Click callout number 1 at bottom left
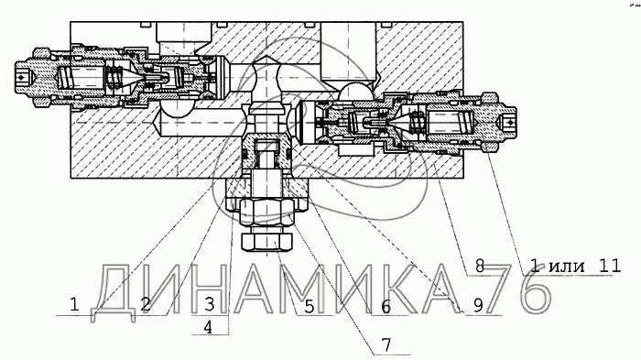74,305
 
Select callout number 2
146,305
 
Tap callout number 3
210,304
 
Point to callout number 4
208,327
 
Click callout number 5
310,306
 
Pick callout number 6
386,306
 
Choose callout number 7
386,344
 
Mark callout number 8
480,267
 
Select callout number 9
478,305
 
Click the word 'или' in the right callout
567,267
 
